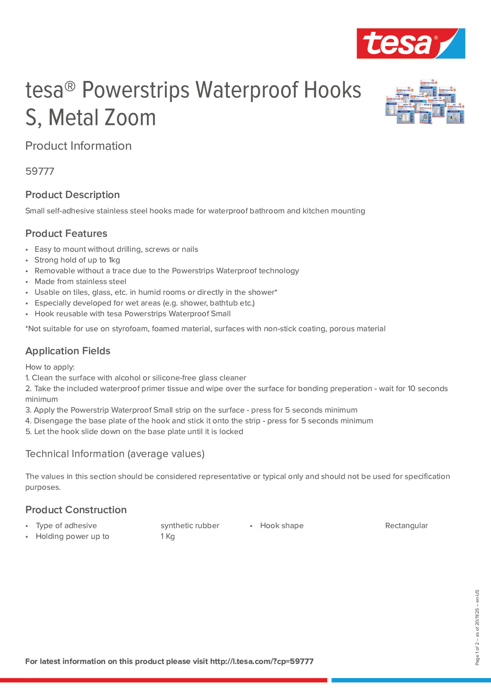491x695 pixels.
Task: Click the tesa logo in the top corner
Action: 411,44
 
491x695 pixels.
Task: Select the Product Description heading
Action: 73,195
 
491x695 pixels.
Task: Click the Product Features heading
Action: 66,233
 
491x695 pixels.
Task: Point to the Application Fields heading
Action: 68,351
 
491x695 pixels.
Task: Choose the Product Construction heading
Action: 76,510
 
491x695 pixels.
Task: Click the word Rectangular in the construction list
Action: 406,526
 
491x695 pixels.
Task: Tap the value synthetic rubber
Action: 190,526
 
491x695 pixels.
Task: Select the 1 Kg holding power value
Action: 168,536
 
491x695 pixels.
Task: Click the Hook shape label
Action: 282,526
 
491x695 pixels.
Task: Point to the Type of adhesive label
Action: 66,526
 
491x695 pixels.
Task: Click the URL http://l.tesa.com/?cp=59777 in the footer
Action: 262,661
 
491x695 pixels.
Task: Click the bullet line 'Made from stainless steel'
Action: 80,282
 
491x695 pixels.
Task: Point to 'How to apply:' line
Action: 50,367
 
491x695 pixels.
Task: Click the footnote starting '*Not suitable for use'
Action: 205,329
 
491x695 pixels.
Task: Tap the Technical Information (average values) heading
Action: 115,454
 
